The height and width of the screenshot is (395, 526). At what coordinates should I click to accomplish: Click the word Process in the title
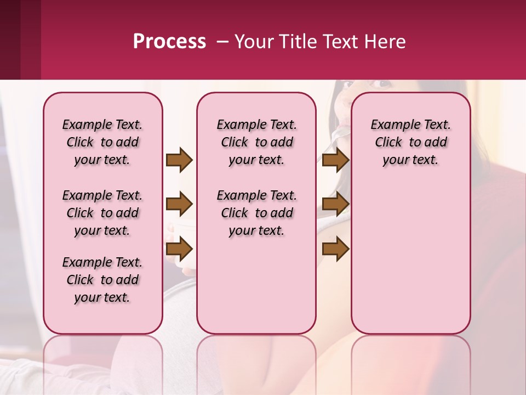169,42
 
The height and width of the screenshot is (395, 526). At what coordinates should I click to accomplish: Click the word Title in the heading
296,42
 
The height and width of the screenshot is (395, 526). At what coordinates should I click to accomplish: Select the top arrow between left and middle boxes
179,160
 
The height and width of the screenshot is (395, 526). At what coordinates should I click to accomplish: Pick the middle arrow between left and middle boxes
179,205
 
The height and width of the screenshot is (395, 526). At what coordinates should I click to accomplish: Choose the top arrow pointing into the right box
335,160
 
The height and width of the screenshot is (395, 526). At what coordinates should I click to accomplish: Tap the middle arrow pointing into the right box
335,205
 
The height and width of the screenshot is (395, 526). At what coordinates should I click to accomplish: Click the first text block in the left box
102,142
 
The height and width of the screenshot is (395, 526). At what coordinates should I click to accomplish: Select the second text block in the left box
102,213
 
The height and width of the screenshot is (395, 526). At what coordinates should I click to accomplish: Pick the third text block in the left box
102,280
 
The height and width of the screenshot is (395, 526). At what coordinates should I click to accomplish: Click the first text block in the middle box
256,142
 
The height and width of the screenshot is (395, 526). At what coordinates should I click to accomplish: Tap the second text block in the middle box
256,213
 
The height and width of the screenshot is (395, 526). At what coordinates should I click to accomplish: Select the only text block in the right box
410,142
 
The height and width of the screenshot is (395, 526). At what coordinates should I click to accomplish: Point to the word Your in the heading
254,42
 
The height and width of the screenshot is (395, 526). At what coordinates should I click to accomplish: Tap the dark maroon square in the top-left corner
10,39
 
